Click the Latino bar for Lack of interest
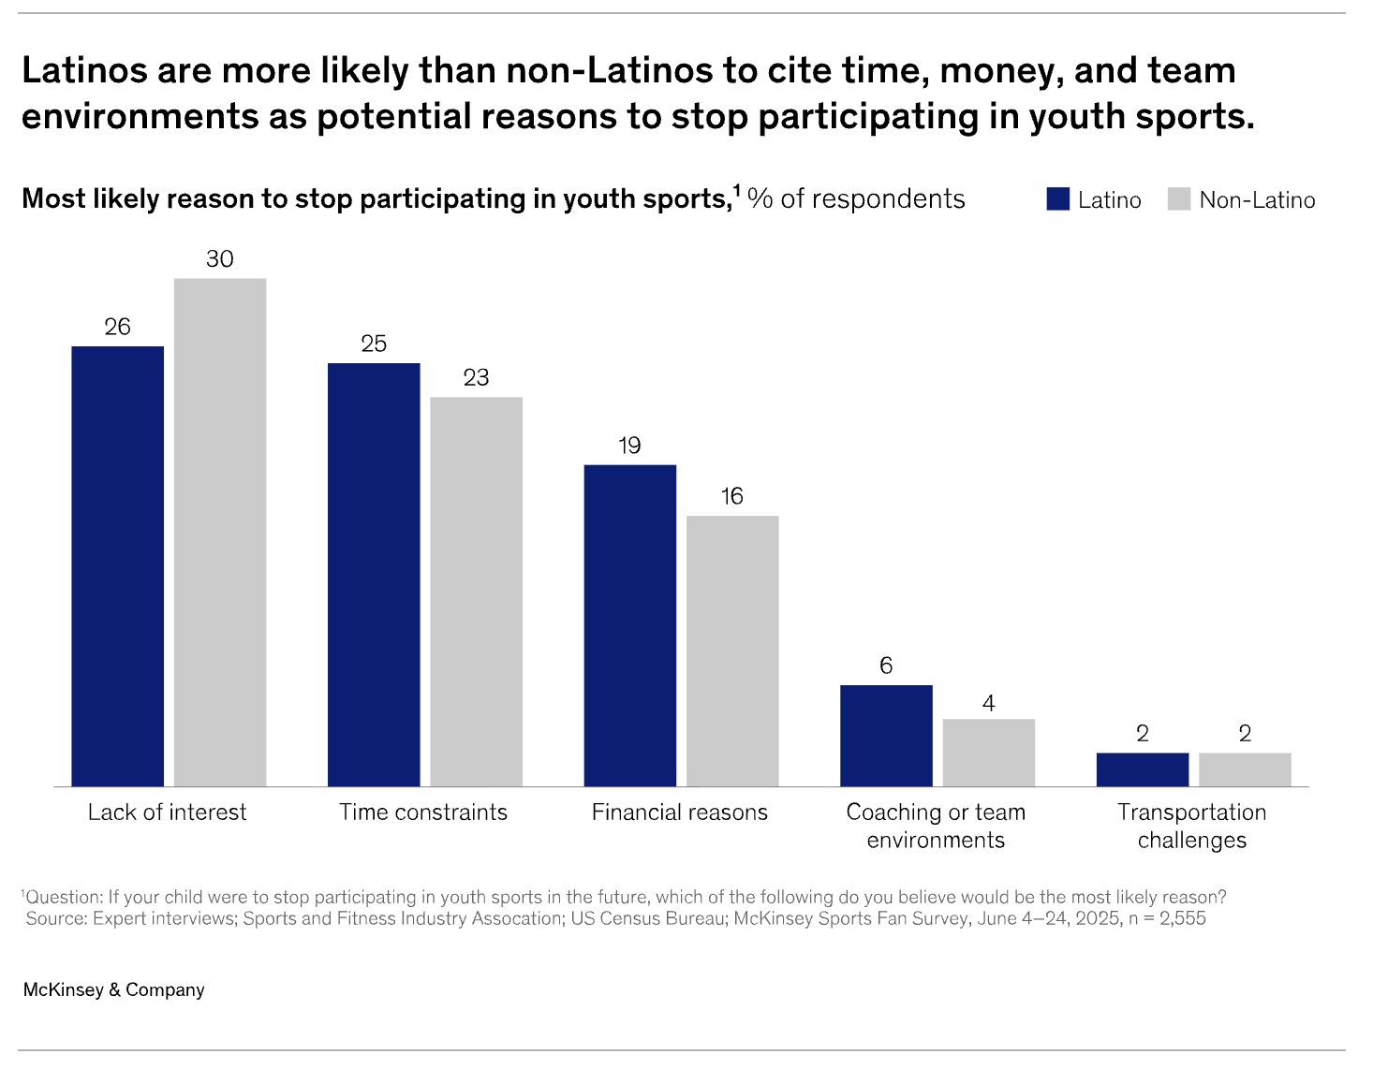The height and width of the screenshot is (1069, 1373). (x=117, y=565)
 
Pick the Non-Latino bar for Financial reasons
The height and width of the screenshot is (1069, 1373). (x=732, y=651)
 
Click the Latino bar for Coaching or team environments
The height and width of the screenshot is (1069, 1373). (x=886, y=735)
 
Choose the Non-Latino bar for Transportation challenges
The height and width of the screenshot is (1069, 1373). (x=1245, y=769)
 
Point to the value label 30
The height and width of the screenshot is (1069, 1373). (x=220, y=259)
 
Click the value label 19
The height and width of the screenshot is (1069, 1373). (x=629, y=446)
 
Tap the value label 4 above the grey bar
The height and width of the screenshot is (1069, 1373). (x=989, y=703)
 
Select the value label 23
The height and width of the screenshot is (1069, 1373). (x=476, y=377)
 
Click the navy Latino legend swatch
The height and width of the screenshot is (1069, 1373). (x=1058, y=199)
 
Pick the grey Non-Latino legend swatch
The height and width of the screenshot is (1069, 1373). (x=1179, y=199)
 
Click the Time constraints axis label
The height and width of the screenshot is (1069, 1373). (x=423, y=813)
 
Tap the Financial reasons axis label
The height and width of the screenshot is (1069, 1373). (x=679, y=813)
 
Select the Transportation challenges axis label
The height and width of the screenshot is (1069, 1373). (x=1191, y=826)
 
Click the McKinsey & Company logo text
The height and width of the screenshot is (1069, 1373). (x=113, y=989)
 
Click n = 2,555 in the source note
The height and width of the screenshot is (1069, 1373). (x=1167, y=918)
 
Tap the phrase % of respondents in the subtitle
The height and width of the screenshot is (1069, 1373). (x=856, y=198)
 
